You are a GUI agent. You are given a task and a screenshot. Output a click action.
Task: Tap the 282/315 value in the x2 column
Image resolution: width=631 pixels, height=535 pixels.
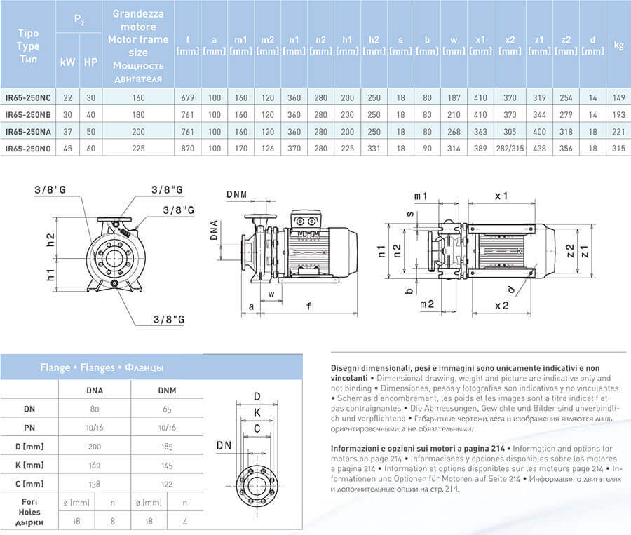[x=510, y=148]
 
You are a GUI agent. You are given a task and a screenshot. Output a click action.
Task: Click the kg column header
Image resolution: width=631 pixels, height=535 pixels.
[x=618, y=45]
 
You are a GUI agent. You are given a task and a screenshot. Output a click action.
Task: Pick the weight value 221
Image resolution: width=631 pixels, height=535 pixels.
[x=618, y=131]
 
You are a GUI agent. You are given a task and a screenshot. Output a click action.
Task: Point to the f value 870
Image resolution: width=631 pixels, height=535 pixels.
[x=187, y=148]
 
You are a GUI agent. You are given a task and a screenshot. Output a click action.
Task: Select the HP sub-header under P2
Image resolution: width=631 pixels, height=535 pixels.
[x=90, y=62]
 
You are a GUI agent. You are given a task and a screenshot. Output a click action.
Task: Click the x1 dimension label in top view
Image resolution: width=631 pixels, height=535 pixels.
[x=501, y=196]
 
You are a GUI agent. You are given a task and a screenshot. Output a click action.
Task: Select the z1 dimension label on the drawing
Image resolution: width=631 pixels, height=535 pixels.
[x=592, y=248]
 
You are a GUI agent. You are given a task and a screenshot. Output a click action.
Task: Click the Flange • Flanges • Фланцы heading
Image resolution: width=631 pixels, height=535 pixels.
[x=102, y=367]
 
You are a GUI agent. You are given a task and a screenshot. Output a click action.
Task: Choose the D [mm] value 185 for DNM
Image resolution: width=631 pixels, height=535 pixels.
[x=166, y=445]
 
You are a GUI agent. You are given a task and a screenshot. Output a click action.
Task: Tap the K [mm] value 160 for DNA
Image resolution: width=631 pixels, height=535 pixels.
[x=94, y=464]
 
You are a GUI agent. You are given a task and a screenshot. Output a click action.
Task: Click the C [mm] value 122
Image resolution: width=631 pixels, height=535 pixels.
[x=166, y=484]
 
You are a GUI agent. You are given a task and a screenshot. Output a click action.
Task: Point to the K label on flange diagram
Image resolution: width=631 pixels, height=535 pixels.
[x=257, y=412]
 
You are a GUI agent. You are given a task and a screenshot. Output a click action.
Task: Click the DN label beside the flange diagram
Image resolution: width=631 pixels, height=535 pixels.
[x=224, y=445]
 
